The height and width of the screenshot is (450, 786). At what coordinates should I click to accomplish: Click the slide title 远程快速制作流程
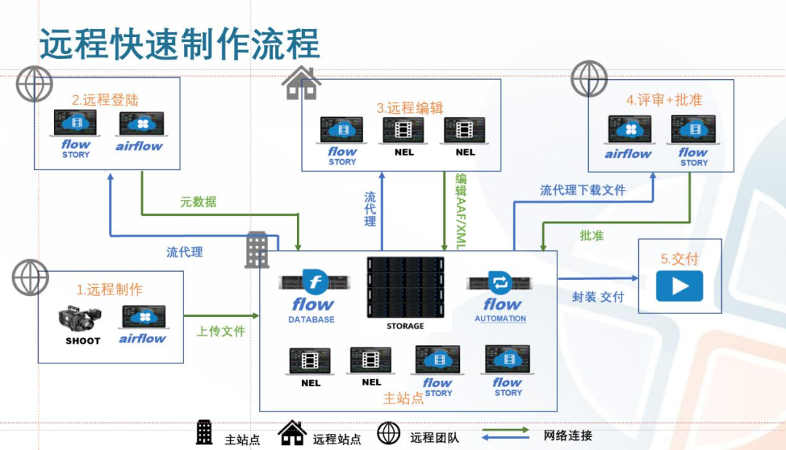pyautogui.click(x=179, y=44)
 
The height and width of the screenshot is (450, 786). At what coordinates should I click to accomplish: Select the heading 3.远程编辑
pyautogui.click(x=410, y=108)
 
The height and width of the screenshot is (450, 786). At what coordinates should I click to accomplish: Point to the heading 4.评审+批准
pyautogui.click(x=664, y=100)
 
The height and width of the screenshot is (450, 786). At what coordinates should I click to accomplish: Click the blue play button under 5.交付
pyautogui.click(x=679, y=286)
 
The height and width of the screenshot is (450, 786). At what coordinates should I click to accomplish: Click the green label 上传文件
pyautogui.click(x=221, y=331)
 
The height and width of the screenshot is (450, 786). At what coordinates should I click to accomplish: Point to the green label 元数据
pyautogui.click(x=198, y=201)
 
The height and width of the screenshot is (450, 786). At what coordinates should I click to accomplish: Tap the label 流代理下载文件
pyautogui.click(x=582, y=190)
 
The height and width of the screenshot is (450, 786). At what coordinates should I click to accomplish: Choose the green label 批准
pyautogui.click(x=591, y=236)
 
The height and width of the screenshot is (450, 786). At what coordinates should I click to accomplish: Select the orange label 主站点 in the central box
pyautogui.click(x=403, y=398)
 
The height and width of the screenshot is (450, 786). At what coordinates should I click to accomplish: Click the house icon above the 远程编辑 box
pyautogui.click(x=301, y=82)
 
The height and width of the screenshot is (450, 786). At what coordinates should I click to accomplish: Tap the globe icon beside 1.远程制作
pyautogui.click(x=31, y=277)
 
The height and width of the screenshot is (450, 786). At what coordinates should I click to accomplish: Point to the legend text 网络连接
pyautogui.click(x=568, y=435)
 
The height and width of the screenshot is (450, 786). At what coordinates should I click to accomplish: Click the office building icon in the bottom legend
pyautogui.click(x=205, y=433)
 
